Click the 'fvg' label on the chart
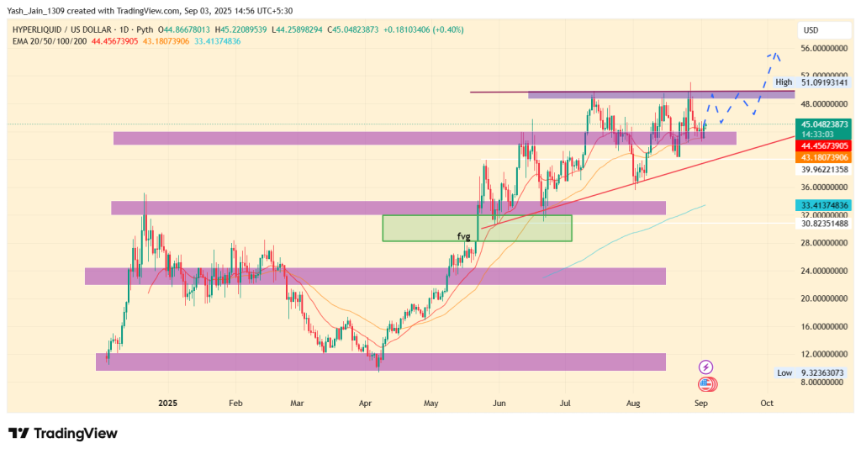pos(463,236)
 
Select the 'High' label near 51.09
pos(784,82)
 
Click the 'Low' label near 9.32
pos(784,372)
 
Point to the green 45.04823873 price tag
pos(825,124)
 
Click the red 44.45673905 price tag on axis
pos(825,145)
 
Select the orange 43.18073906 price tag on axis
pos(825,157)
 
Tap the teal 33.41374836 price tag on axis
pos(825,205)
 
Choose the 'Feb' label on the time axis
pos(236,404)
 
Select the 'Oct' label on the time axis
pos(766,404)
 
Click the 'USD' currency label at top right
pos(811,30)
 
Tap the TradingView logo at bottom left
pos(63,434)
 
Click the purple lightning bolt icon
pos(706,367)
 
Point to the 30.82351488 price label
pos(825,223)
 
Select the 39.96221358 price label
pos(825,169)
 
